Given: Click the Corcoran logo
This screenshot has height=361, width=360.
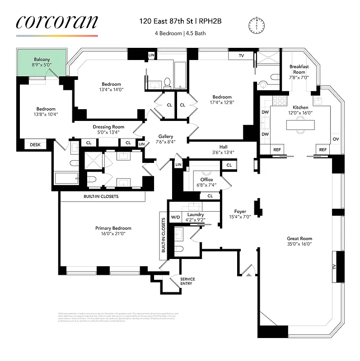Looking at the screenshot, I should (57, 23).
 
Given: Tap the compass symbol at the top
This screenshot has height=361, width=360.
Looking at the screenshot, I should (257, 24).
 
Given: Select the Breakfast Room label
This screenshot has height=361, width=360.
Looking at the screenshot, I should (299, 69).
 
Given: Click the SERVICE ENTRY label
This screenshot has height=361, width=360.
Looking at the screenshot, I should (187, 281).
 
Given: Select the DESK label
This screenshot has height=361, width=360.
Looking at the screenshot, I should (35, 145).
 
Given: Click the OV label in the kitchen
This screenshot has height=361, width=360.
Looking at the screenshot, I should (336, 139).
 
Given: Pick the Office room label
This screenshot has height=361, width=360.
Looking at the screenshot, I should (206, 180).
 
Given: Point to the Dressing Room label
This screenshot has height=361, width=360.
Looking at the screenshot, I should (108, 127).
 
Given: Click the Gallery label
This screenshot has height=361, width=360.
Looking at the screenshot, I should (166, 136).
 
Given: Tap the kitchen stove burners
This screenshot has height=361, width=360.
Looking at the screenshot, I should (280, 100).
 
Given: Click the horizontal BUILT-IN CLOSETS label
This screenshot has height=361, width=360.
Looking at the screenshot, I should (101, 197).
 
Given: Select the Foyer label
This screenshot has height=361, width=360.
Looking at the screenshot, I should (240, 211).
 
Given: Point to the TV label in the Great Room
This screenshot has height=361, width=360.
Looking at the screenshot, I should (335, 267).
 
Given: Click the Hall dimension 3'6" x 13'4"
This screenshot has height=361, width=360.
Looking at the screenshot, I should (223, 152).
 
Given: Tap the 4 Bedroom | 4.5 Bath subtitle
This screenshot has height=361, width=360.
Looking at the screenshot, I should (182, 33).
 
